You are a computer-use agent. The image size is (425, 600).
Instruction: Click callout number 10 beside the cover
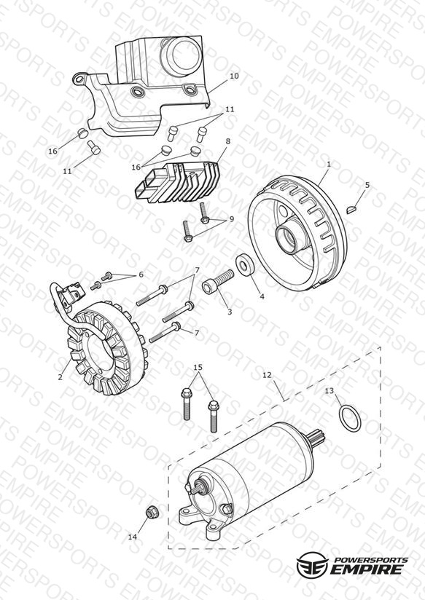tap(234, 76)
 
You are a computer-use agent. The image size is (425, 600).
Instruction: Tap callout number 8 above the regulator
tap(228, 141)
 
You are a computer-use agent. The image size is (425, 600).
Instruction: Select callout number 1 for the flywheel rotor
tap(329, 164)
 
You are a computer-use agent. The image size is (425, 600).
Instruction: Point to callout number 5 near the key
tap(367, 185)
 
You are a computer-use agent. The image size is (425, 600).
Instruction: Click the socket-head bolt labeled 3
tap(217, 282)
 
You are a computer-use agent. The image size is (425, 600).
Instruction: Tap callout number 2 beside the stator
tap(61, 376)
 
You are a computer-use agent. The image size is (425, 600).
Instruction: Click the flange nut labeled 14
tap(152, 512)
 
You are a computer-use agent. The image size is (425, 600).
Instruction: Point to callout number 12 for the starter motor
tap(267, 375)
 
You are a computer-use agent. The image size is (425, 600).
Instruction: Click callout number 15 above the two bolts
tap(198, 367)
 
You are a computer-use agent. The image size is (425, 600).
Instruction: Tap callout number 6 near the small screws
tap(141, 275)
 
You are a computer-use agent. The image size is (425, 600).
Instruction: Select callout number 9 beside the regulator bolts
tap(232, 219)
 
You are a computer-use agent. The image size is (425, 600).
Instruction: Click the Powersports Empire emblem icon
tap(312, 564)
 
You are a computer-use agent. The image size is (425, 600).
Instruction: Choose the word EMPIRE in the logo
tap(367, 569)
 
